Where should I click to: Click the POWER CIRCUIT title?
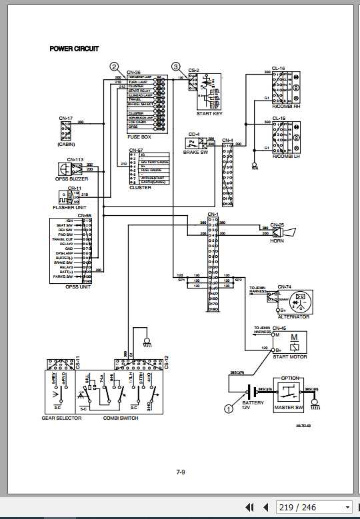pyautogui.click(x=74, y=49)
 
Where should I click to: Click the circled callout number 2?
pyautogui.click(x=115, y=67)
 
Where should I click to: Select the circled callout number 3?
pyautogui.click(x=176, y=67)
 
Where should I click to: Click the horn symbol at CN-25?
pyautogui.click(x=289, y=233)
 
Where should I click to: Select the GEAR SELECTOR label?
pyautogui.click(x=61, y=418)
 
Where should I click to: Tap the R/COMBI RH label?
pyautogui.click(x=287, y=107)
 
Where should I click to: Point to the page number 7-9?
pyautogui.click(x=180, y=472)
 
